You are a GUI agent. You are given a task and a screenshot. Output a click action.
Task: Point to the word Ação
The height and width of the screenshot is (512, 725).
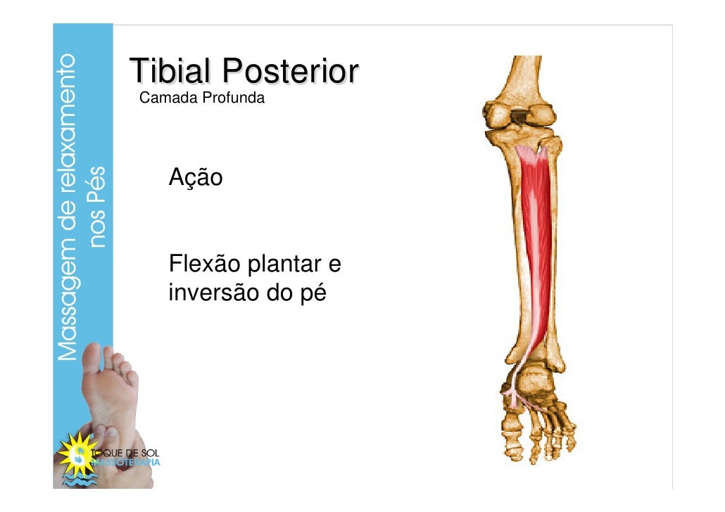click(195, 178)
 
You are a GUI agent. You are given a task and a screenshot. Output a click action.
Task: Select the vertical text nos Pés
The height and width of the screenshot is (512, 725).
click(99, 207)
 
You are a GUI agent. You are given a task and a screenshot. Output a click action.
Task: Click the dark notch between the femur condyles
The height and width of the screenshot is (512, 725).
click(521, 115)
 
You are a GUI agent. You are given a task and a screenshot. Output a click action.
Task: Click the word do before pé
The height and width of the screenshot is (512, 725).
click(277, 292)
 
